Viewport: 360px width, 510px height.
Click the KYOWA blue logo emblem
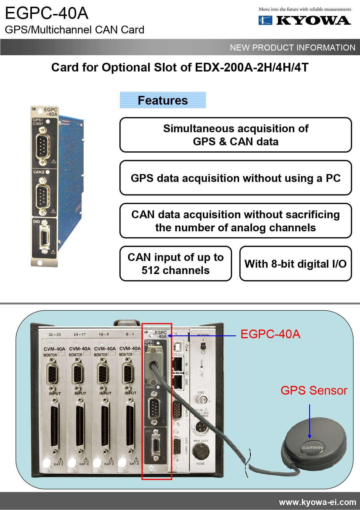(x=265, y=20)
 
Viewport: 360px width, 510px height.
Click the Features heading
(x=163, y=100)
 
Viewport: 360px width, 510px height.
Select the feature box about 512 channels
(x=175, y=264)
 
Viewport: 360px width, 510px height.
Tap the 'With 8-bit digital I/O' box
(x=295, y=264)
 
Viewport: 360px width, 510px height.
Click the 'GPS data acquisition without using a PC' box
(x=235, y=178)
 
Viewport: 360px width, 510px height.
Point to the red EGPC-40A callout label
(x=270, y=334)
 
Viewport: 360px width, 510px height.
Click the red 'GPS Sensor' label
(x=314, y=391)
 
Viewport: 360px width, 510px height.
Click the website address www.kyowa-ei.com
(x=317, y=502)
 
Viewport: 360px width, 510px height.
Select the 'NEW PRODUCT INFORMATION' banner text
(x=292, y=47)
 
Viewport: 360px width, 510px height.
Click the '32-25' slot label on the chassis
(x=55, y=334)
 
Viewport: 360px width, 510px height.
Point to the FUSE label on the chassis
(x=200, y=464)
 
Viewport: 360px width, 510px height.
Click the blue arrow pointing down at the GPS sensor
(x=309, y=421)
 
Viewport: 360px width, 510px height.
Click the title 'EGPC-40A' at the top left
(x=47, y=13)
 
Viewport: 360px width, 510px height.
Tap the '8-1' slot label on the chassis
(x=130, y=334)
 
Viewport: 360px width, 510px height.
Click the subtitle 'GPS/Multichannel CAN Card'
(x=75, y=30)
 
